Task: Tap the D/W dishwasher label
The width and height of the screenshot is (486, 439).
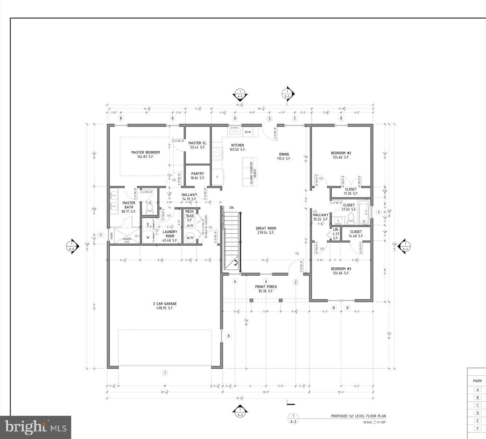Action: (x=248, y=132)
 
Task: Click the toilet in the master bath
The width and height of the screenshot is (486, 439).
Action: (x=149, y=208)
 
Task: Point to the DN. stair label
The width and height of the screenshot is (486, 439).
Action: (x=232, y=208)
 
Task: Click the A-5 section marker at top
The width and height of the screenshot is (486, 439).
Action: (x=240, y=95)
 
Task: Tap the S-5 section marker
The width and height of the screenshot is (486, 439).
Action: (x=287, y=94)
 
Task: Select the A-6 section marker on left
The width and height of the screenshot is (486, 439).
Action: (x=72, y=246)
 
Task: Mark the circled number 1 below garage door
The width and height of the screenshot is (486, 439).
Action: (x=165, y=373)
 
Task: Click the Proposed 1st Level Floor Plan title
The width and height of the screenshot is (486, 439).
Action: (x=358, y=416)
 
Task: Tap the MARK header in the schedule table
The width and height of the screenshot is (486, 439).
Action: (x=477, y=381)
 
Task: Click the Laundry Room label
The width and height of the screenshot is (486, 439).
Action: (x=170, y=236)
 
